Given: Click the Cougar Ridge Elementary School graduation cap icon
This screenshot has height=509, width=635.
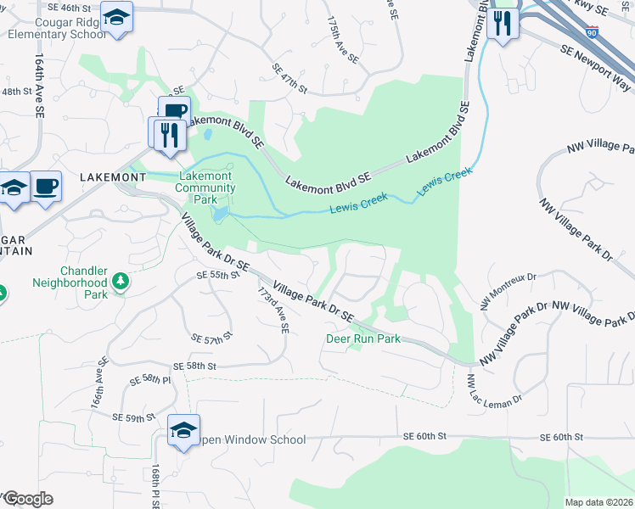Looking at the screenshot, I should coord(116,17).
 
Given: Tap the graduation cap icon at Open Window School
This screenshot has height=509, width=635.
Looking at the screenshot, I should coord(183,431).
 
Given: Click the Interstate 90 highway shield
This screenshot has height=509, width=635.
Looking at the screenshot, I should coord(593,32).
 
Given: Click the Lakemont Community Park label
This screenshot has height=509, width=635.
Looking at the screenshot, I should coord(206,187).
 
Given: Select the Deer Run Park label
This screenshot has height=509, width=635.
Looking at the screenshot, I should coord(362,338).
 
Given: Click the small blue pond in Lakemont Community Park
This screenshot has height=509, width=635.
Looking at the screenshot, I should coord(221,213).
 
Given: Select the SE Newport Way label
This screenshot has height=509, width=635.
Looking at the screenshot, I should coord(595,69).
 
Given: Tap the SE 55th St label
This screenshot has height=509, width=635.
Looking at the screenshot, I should coord(213,276).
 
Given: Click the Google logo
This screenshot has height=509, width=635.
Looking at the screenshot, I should coord(27,499).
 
